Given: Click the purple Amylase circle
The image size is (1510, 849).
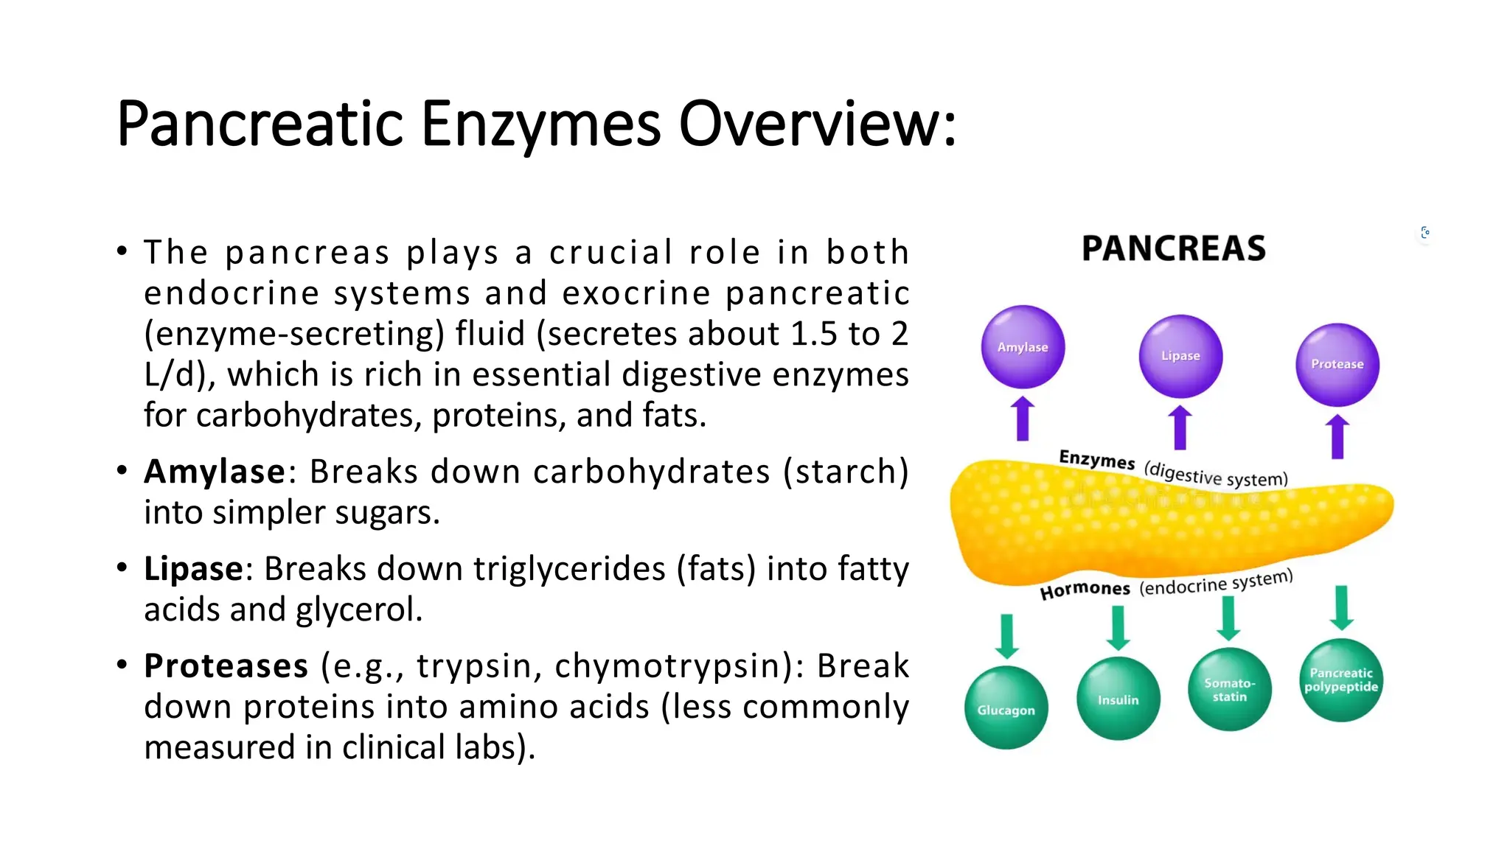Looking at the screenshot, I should click(1023, 346).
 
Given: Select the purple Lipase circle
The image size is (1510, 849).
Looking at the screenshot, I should click(1180, 356).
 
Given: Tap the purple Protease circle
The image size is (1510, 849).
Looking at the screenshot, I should click(1337, 365).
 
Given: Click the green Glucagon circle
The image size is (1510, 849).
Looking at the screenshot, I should click(1006, 707).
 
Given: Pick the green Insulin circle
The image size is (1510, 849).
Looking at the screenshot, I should click(1118, 698).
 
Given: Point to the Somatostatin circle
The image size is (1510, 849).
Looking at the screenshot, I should click(1230, 689).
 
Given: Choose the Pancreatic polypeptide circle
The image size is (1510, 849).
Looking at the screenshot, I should click(1341, 679).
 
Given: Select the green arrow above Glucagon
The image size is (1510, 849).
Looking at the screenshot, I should click(1006, 635).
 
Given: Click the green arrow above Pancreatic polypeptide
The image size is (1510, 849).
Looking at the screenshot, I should click(1342, 607).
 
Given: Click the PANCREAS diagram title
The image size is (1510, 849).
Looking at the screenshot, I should click(1174, 248).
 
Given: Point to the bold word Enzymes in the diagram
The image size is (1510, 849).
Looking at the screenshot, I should click(1096, 460).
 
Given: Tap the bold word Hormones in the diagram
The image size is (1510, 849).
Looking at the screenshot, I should click(1085, 590).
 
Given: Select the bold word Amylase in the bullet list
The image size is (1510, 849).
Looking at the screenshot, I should click(215, 472).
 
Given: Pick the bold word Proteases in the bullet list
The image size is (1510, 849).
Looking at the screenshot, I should click(226, 666).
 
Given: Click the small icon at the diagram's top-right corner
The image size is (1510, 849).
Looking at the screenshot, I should click(1425, 233).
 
